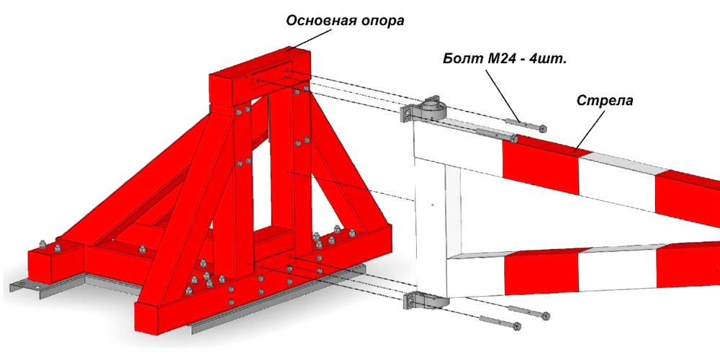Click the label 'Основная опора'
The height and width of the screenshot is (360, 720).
(345, 21)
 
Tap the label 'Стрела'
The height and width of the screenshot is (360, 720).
(604, 101)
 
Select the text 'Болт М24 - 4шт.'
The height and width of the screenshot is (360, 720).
(505, 59)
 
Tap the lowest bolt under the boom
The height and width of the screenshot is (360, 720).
(500, 322)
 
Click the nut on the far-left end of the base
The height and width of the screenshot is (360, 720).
(42, 244)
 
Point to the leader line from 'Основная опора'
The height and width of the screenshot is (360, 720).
(307, 41)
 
